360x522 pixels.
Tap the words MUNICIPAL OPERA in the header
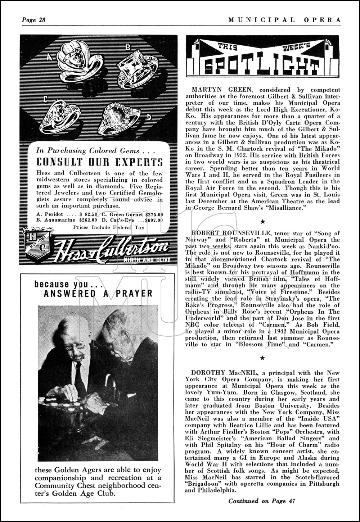pyautogui.click(x=284, y=20)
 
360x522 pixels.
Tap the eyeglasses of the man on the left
pyautogui.click(x=77, y=346)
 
